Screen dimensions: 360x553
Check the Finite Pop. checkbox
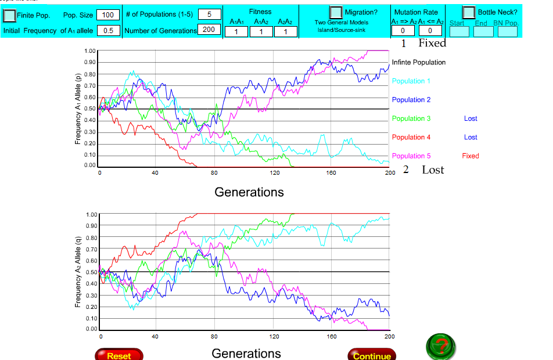click(9, 15)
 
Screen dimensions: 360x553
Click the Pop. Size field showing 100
click(107, 15)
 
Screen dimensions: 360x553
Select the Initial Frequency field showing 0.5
click(108, 30)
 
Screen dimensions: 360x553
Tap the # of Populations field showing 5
click(209, 15)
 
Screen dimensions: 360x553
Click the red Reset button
click(119, 355)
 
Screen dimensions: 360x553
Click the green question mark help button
click(441, 347)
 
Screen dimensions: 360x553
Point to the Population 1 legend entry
click(411, 81)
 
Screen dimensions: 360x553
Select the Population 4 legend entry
click(411, 137)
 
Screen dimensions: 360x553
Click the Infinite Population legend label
click(419, 62)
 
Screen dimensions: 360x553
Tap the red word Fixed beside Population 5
click(471, 156)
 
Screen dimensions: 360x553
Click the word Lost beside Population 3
click(471, 118)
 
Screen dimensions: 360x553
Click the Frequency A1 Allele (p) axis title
click(78, 108)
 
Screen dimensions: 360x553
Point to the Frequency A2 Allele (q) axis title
click(78, 271)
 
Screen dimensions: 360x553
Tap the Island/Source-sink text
click(341, 29)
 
